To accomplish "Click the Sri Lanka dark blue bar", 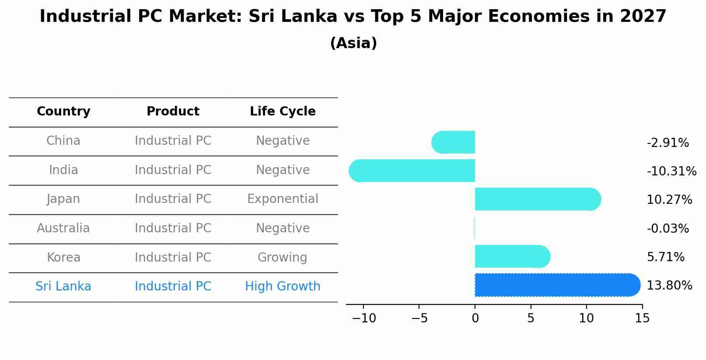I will pos(557,285).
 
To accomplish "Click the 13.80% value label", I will pos(669,286).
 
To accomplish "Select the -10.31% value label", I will pos(671,171).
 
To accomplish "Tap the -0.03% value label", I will pos(668,229).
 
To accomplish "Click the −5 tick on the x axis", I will pos(419,318).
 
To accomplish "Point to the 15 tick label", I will pos(642,318).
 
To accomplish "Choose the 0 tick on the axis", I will pos(475,318).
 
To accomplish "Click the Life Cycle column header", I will pos(283,112).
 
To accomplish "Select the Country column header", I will pos(63,112).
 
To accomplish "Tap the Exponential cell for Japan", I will pos(283,199).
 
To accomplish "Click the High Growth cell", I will pos(283,287).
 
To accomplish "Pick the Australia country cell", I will pos(63,228).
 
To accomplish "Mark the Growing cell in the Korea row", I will pos(283,258).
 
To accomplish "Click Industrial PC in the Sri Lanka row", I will pos(173,287).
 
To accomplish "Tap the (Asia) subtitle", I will pos(353,43).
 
